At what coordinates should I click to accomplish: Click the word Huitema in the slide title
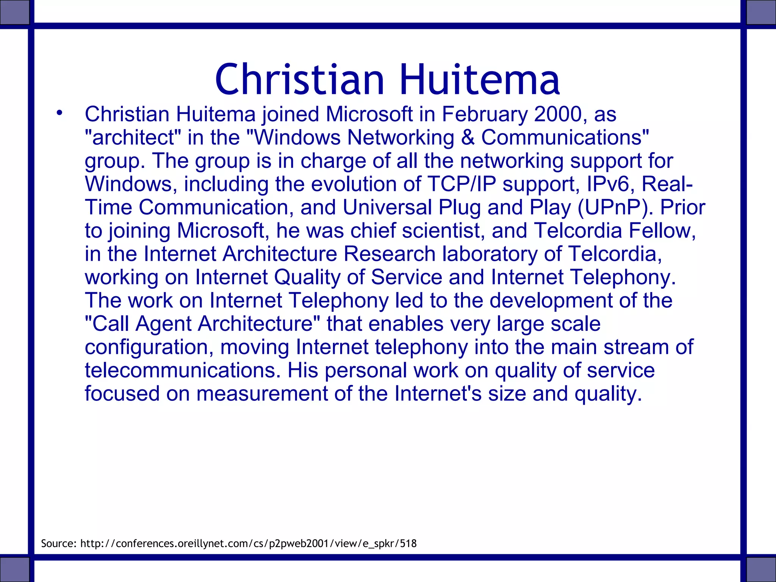click(479, 80)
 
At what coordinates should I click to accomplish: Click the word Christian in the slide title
click(300, 80)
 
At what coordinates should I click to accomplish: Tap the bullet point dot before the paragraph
click(59, 113)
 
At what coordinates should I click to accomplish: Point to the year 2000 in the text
click(558, 114)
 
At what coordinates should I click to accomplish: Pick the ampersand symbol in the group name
click(468, 138)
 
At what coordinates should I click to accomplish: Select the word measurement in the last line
click(262, 394)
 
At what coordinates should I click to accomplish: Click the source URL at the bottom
click(249, 544)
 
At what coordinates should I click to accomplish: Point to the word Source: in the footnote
click(59, 544)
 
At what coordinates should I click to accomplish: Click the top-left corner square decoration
click(14, 12)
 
